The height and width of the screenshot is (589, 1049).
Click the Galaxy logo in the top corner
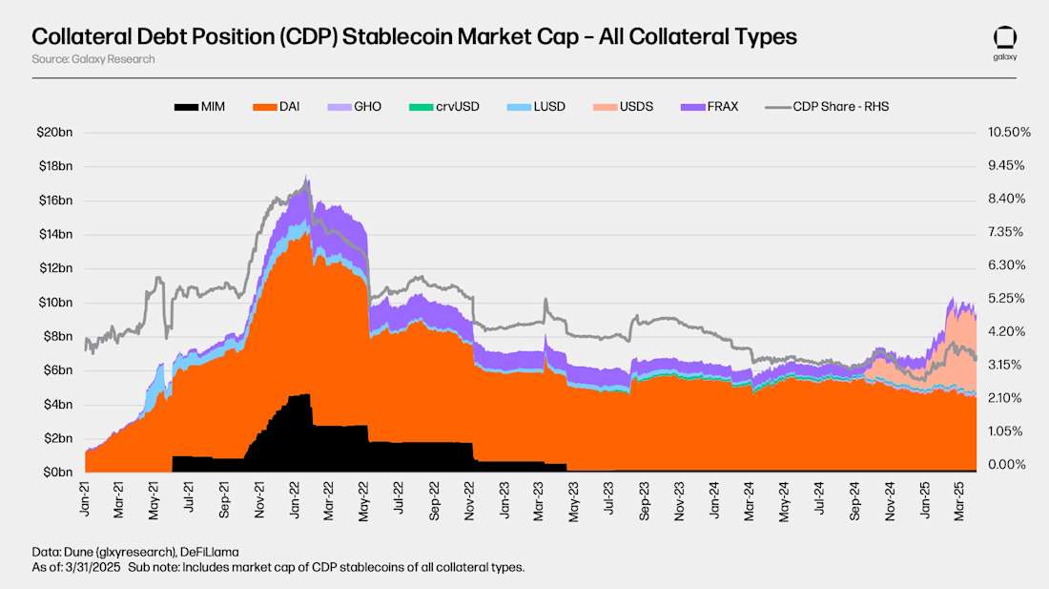[1005, 43]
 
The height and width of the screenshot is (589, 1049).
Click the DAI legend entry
[276, 106]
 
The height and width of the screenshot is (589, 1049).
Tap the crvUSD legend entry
[442, 106]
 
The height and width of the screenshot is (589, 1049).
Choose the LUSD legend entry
[536, 106]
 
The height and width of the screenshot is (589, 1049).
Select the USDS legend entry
[623, 106]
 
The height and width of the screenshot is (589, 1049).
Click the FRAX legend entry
[710, 106]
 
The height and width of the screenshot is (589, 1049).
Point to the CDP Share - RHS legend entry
[827, 106]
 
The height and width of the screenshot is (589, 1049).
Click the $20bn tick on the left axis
[55, 132]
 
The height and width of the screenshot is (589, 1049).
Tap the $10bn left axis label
[55, 303]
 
